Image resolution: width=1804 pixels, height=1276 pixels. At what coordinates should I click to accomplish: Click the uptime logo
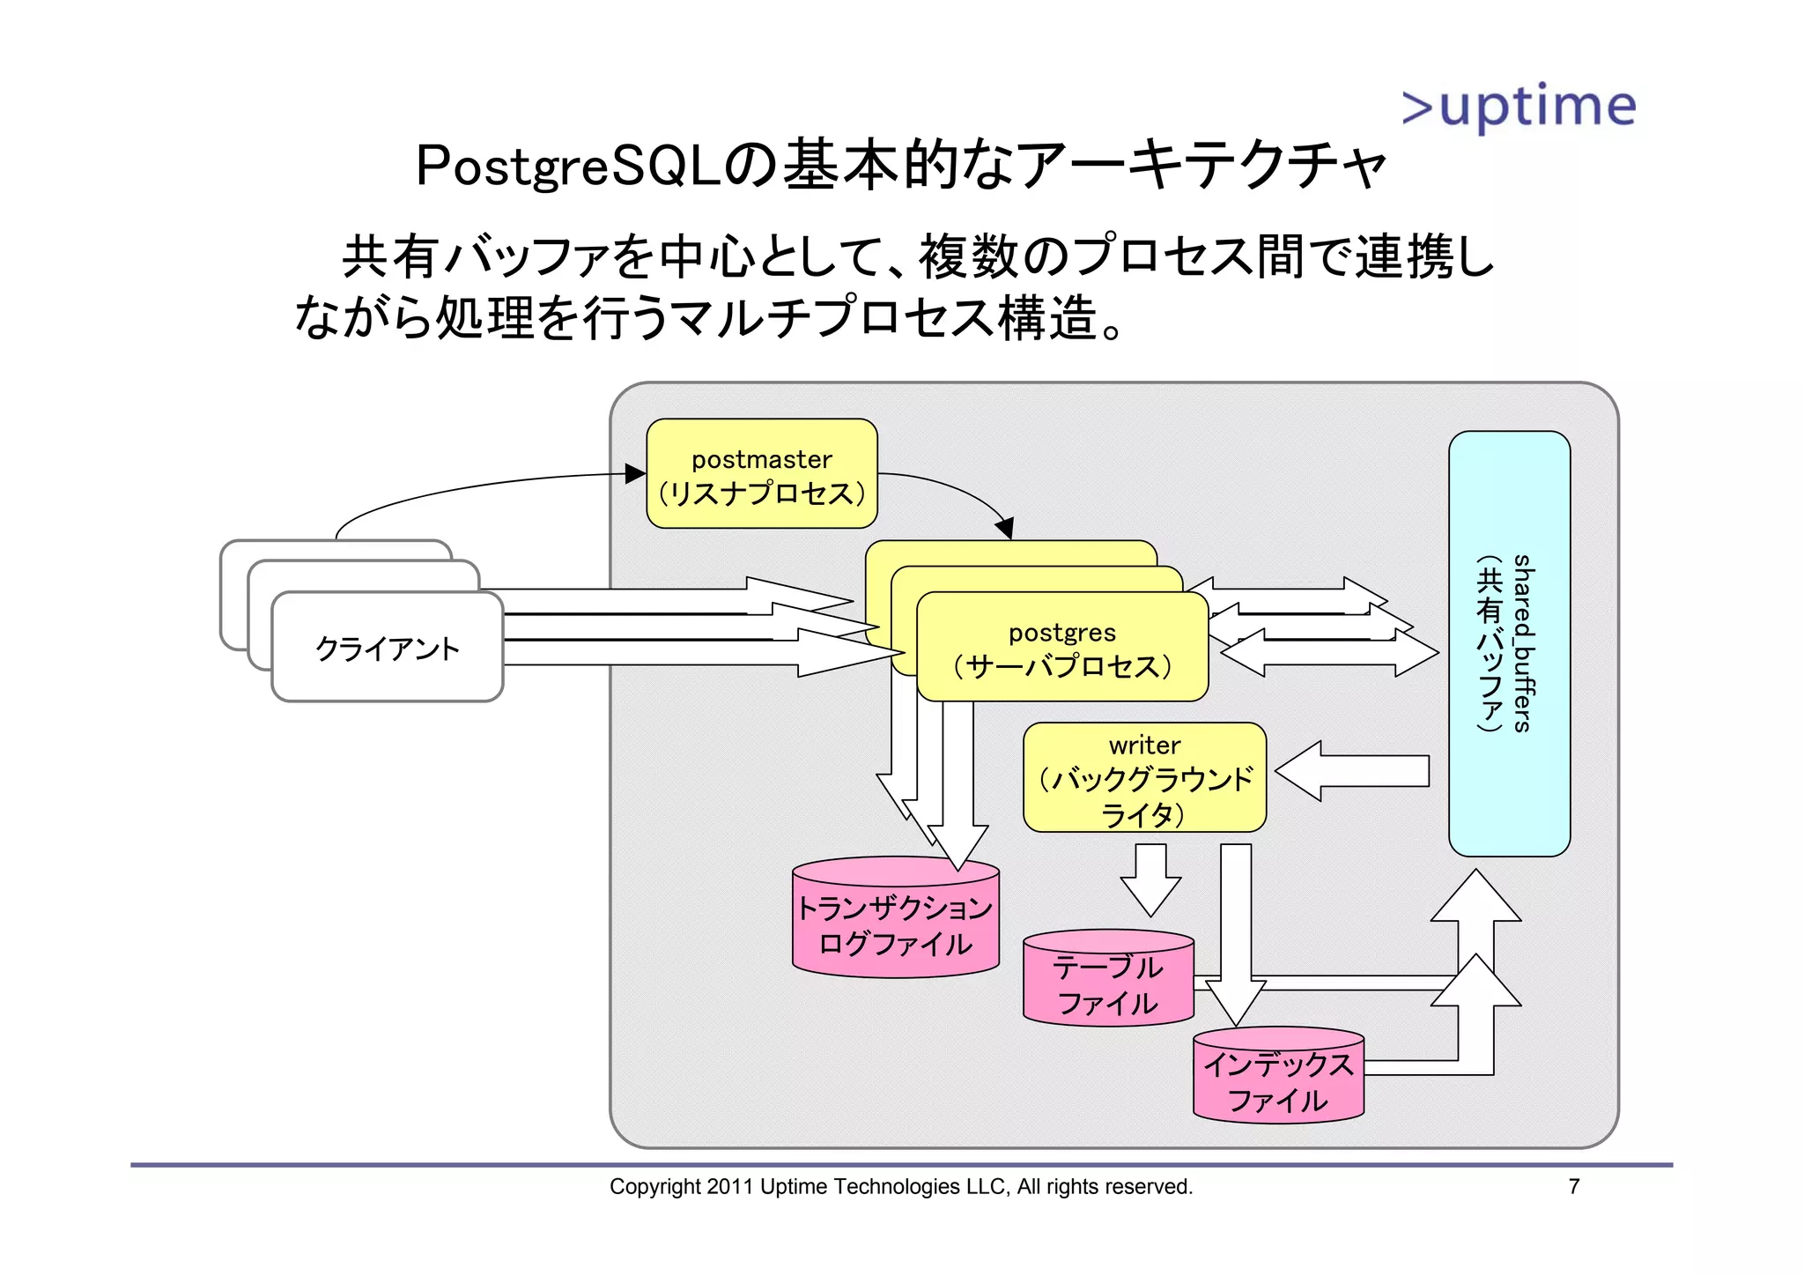(1519, 107)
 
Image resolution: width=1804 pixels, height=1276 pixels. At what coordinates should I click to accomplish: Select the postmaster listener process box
(762, 474)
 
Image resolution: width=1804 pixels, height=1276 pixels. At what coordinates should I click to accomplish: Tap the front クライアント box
(388, 649)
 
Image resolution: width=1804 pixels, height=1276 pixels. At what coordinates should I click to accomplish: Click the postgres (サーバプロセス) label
(1062, 649)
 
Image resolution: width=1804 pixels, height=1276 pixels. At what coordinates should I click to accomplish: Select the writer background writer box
(1144, 778)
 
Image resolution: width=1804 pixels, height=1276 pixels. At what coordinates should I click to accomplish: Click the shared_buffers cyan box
(1509, 643)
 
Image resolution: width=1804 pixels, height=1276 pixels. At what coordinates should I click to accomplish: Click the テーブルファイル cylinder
(1108, 983)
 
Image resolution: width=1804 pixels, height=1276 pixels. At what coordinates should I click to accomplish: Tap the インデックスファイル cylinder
(1278, 1079)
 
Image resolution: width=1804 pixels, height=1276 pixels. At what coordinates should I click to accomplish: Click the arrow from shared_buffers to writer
(1352, 771)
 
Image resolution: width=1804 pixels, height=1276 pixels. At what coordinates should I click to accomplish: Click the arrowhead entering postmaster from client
(635, 474)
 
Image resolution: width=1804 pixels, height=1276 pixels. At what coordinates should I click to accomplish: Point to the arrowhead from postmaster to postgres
(1004, 529)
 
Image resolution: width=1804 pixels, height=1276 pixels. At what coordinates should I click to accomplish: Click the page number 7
(1573, 1187)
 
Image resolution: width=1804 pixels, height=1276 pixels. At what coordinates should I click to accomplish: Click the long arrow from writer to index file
(1236, 934)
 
